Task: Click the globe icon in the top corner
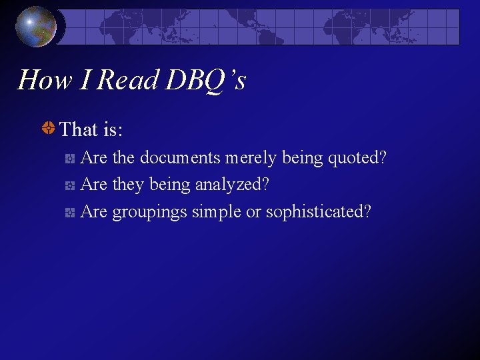click(37, 27)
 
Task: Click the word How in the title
click(45, 81)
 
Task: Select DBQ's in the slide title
click(206, 81)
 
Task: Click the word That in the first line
click(78, 129)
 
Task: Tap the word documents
click(179, 159)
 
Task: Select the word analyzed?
click(232, 185)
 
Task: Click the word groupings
click(149, 212)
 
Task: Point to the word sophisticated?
click(319, 212)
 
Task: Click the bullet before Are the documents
click(70, 159)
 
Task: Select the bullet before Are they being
click(70, 185)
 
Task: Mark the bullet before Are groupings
click(70, 213)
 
